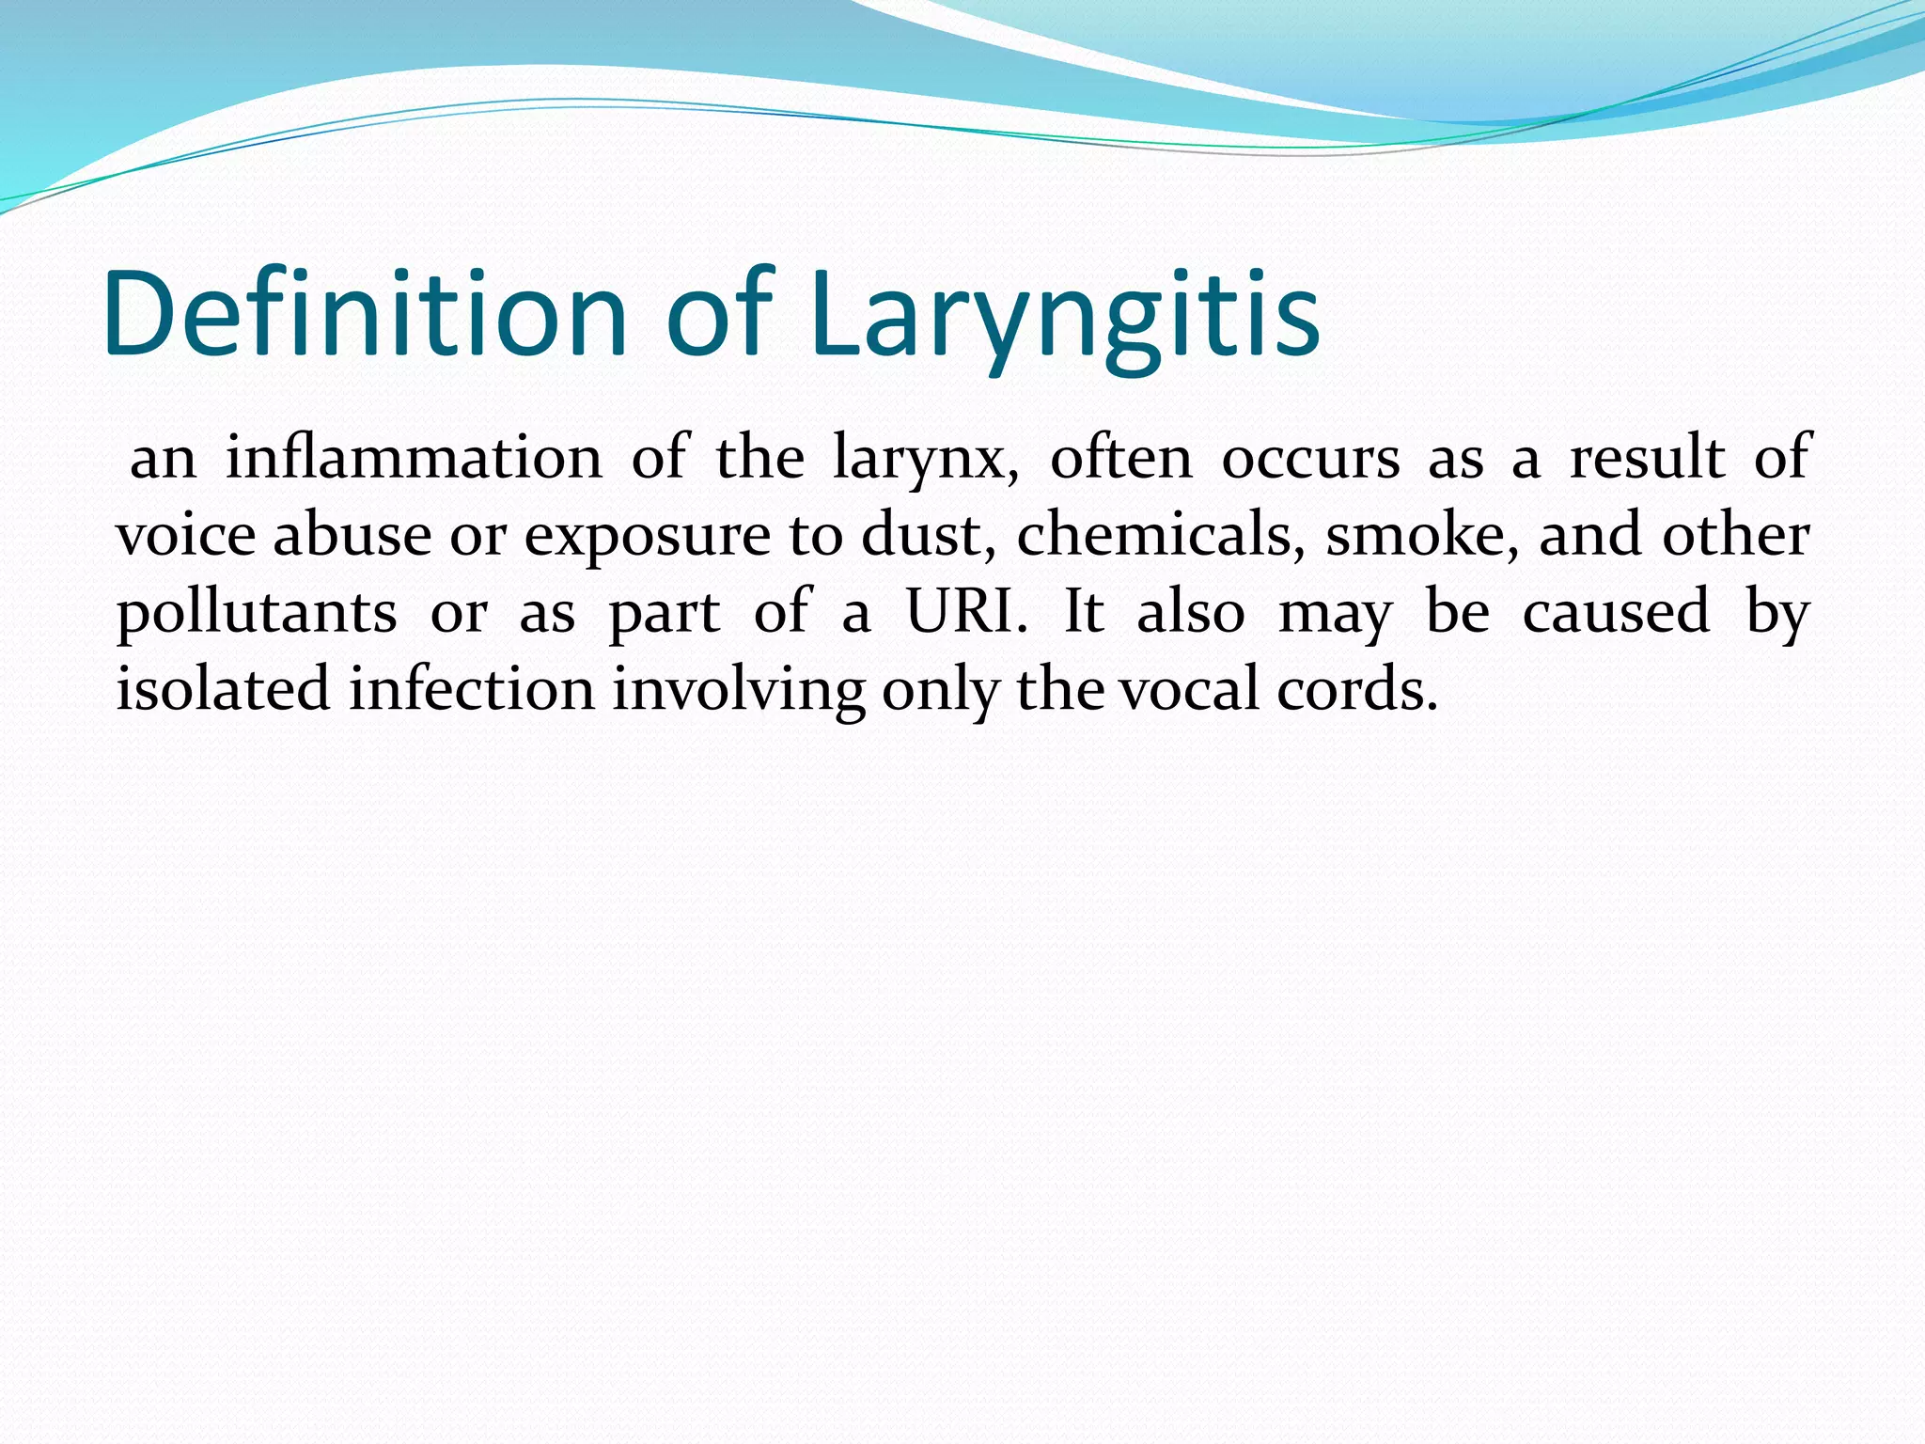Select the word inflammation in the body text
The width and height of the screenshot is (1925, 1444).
tap(414, 459)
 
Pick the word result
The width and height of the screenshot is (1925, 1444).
tap(1647, 459)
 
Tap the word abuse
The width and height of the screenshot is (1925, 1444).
tap(352, 536)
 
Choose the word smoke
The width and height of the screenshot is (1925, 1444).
tap(1420, 536)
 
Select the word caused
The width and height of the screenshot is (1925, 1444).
tap(1615, 613)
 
